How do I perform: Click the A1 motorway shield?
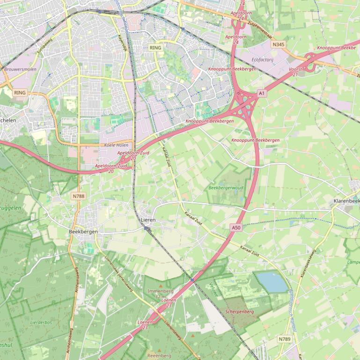(262, 94)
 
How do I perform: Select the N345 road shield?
(278, 44)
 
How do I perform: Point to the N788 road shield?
(79, 196)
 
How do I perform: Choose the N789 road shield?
(284, 339)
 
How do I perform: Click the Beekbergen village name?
(83, 231)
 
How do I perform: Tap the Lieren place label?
(148, 220)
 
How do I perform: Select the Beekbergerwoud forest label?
(226, 188)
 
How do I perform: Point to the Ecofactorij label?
(262, 60)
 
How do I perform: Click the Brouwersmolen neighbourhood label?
(20, 69)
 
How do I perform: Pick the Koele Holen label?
(116, 145)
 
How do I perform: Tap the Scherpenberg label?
(239, 311)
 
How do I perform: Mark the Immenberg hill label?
(161, 291)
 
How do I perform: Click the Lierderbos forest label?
(41, 323)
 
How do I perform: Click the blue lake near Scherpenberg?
(272, 282)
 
